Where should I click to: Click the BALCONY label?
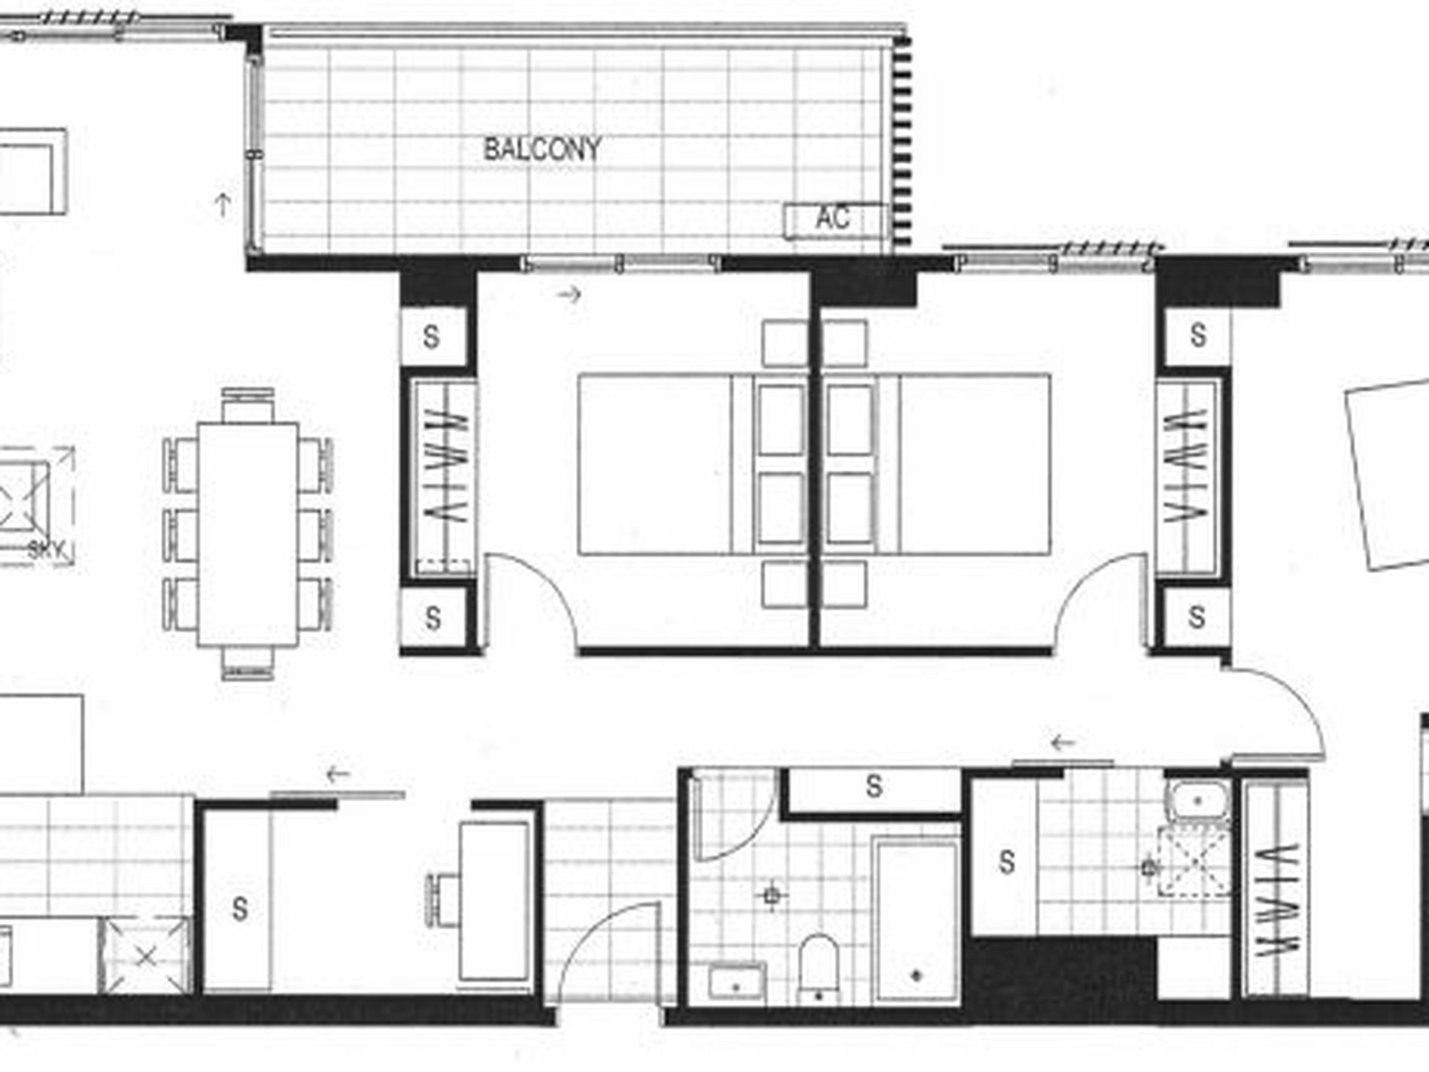tap(542, 149)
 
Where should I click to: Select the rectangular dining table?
tap(247, 534)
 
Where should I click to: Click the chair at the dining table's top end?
tap(247, 406)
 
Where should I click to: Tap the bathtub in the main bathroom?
tap(916, 922)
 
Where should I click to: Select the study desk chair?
tap(444, 900)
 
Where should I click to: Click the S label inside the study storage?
tap(240, 909)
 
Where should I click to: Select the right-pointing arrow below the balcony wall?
tap(569, 294)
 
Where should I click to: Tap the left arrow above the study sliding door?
tap(338, 773)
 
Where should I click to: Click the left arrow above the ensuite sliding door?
tap(1063, 743)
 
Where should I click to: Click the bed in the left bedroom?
tap(692, 464)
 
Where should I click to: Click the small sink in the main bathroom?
tap(736, 982)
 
